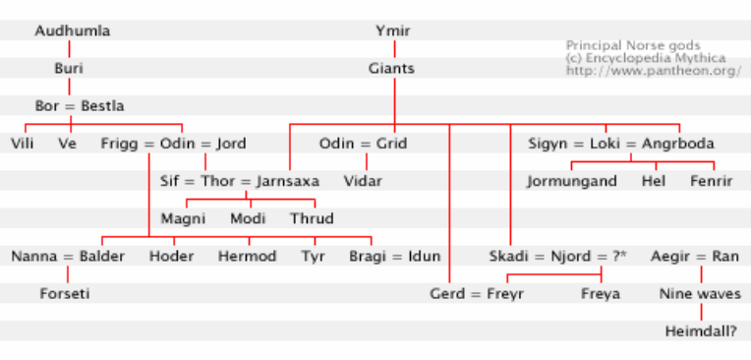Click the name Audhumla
coord(73,30)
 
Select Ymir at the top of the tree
coord(392,30)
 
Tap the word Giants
coord(391,69)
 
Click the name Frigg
coord(121,144)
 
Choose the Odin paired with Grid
coord(337,144)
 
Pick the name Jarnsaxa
coord(287,181)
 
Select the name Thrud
coord(312,218)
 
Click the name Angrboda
coord(677,144)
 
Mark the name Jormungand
coord(571,181)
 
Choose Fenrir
coord(712,181)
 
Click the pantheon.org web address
coord(653,71)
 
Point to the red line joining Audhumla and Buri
coord(69,49)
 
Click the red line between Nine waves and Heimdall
coord(701,312)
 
